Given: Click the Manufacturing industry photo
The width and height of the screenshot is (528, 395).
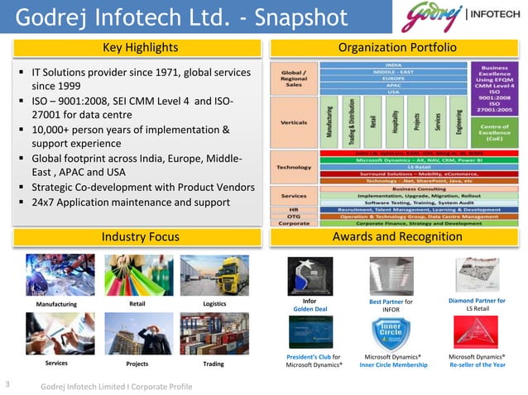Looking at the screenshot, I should click(57, 274).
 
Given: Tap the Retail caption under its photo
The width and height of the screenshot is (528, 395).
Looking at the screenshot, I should click(138, 305).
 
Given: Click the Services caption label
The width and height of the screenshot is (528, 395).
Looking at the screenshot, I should click(57, 363).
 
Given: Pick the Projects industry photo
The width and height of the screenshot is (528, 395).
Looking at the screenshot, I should click(137, 334).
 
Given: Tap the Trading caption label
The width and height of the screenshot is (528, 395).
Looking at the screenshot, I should click(213, 363).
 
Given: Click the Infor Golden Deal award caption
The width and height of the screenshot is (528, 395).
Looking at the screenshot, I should click(310, 305).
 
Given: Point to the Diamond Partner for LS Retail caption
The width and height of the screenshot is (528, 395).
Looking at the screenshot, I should click(477, 305).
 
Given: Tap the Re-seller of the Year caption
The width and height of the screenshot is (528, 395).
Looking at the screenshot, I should click(477, 364).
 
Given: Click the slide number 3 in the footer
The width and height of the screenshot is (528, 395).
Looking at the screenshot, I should click(7, 383).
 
